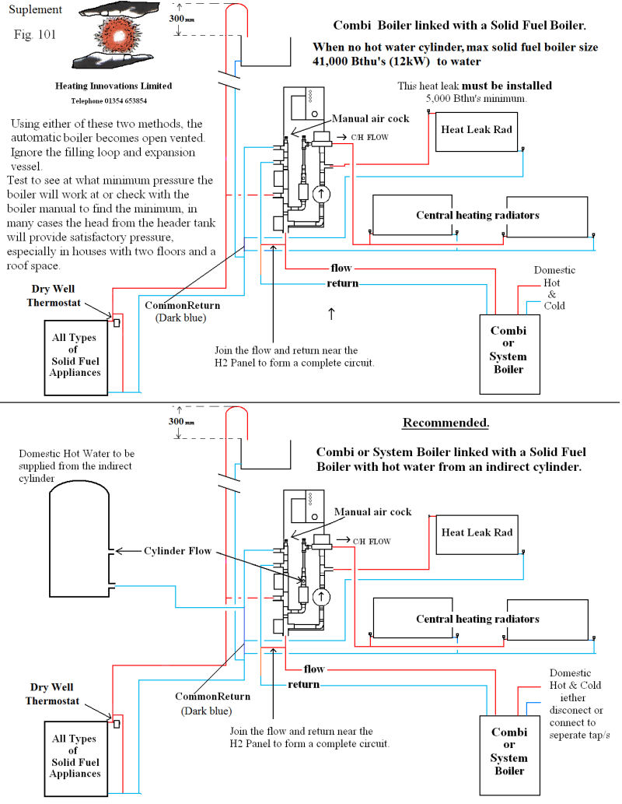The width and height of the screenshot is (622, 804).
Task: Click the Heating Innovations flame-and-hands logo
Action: coord(114,36)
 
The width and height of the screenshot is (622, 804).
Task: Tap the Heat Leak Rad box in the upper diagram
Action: coord(477,132)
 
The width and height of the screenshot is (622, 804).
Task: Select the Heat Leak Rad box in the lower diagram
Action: coord(477,535)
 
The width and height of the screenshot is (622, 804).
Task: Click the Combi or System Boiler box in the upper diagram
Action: coord(509,354)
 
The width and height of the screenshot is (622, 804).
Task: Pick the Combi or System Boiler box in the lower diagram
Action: coord(510,755)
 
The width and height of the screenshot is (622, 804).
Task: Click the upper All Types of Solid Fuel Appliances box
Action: coord(76,358)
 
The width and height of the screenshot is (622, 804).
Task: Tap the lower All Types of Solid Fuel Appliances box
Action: coord(76,759)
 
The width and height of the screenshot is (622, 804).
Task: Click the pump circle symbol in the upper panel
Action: coord(322,194)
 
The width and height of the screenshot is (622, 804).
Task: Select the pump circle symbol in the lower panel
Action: coord(322,596)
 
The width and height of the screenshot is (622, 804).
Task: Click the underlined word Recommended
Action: coord(446,423)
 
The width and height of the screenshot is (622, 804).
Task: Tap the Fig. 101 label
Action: coord(35,34)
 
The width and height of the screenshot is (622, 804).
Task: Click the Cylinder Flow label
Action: coord(177,551)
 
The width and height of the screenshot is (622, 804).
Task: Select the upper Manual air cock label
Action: coord(370,118)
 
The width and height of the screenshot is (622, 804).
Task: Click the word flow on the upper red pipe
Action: coord(341,268)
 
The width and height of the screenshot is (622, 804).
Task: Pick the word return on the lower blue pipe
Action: coord(303,684)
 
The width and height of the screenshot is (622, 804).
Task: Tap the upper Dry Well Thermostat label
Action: coord(54,296)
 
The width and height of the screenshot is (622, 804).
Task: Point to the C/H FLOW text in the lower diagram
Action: coord(372,542)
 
